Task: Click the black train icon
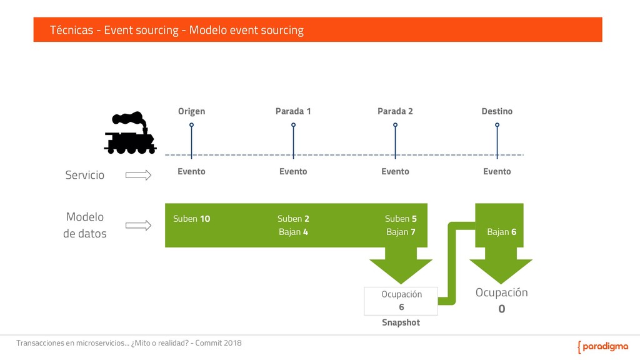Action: (x=130, y=133)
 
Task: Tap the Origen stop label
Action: (x=191, y=111)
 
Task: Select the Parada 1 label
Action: (x=293, y=111)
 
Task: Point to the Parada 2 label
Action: (x=395, y=111)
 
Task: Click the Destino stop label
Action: (x=497, y=111)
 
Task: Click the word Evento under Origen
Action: (x=191, y=171)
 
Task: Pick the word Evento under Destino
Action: (x=497, y=171)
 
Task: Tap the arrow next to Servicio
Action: (x=138, y=176)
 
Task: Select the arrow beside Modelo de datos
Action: (x=138, y=226)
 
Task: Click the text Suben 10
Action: (x=191, y=219)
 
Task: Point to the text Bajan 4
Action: (x=293, y=232)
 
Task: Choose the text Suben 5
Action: (x=401, y=219)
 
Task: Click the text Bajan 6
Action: (x=501, y=232)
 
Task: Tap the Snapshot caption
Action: (x=401, y=322)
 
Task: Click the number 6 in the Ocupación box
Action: (x=401, y=307)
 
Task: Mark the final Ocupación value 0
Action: (x=501, y=309)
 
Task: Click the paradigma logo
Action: (x=602, y=347)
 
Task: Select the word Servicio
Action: (x=85, y=175)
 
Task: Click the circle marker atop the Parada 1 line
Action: (x=293, y=125)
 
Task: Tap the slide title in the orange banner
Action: (x=177, y=30)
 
